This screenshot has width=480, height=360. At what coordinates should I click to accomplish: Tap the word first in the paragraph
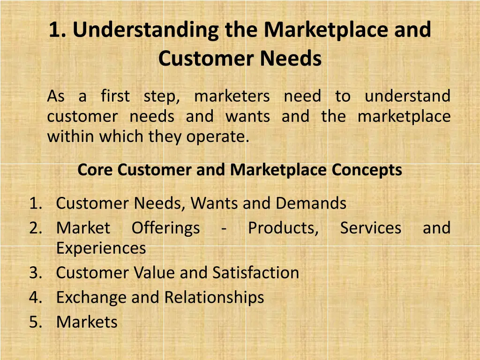click(115, 97)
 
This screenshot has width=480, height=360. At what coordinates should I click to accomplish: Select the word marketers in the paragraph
click(232, 97)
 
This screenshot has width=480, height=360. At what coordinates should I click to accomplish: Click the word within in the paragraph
click(68, 137)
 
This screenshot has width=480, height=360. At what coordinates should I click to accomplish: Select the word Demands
click(311, 203)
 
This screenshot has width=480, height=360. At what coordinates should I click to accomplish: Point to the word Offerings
click(165, 228)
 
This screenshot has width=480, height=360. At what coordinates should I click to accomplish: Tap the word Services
click(370, 228)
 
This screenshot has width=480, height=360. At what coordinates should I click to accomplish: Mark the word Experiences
click(101, 248)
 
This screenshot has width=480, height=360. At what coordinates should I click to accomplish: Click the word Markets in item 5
click(87, 322)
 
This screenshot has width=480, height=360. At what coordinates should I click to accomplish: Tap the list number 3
click(35, 273)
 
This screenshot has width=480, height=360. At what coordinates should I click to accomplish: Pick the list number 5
click(35, 322)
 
